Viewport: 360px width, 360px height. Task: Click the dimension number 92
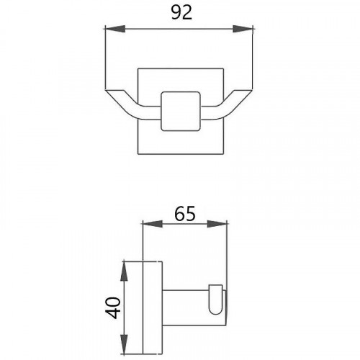181,13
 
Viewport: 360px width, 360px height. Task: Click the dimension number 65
185,213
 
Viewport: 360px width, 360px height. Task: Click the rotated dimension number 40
113,307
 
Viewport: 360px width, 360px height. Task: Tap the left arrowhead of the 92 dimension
115,29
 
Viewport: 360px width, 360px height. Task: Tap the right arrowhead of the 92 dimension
243,29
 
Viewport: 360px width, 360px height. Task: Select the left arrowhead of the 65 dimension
153,224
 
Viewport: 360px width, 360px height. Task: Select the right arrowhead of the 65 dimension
217,224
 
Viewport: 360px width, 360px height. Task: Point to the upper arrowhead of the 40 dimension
124,271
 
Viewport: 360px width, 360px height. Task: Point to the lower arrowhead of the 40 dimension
124,344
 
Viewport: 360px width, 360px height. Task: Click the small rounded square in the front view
181,112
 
